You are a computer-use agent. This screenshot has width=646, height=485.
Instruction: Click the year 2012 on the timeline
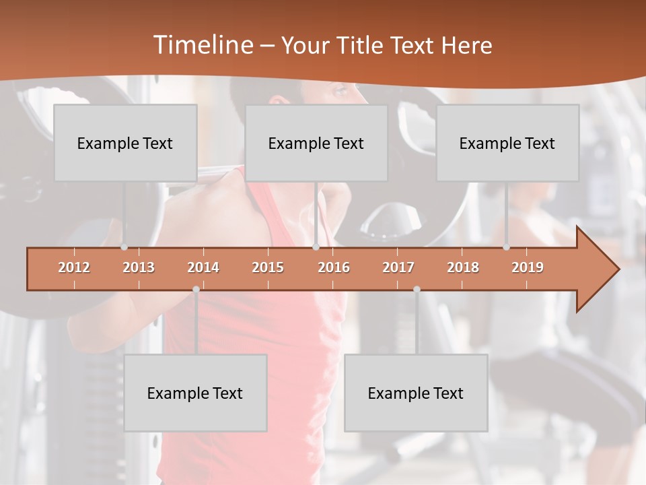pyautogui.click(x=74, y=267)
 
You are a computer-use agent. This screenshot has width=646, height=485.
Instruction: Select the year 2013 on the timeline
pyautogui.click(x=139, y=267)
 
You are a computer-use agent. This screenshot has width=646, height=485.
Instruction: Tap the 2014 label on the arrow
pyautogui.click(x=203, y=267)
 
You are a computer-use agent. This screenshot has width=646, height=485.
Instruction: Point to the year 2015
pyautogui.click(x=268, y=267)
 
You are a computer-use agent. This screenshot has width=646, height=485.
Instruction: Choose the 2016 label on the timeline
pyautogui.click(x=334, y=267)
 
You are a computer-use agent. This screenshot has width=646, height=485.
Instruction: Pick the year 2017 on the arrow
pyautogui.click(x=398, y=267)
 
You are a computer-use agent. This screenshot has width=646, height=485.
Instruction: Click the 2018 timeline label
pyautogui.click(x=463, y=267)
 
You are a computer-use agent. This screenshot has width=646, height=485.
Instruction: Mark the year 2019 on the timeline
pyautogui.click(x=528, y=267)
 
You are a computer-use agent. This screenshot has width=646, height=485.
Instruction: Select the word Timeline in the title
pyautogui.click(x=202, y=45)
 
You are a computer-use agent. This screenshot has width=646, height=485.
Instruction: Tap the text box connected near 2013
pyautogui.click(x=125, y=143)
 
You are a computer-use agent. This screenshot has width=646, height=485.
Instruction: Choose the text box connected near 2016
pyautogui.click(x=316, y=143)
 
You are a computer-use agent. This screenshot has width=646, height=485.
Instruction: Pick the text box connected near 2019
pyautogui.click(x=507, y=143)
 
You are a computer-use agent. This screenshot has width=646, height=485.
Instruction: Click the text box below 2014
pyautogui.click(x=195, y=393)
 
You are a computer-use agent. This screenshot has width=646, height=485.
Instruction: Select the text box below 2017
pyautogui.click(x=416, y=393)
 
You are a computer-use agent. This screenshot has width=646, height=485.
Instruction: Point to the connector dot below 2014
pyautogui.click(x=196, y=290)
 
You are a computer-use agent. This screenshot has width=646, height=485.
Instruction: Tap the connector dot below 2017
pyautogui.click(x=417, y=290)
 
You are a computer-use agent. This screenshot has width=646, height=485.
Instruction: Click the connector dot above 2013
pyautogui.click(x=124, y=247)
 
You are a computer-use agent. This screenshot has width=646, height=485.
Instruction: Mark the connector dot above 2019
pyautogui.click(x=507, y=247)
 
